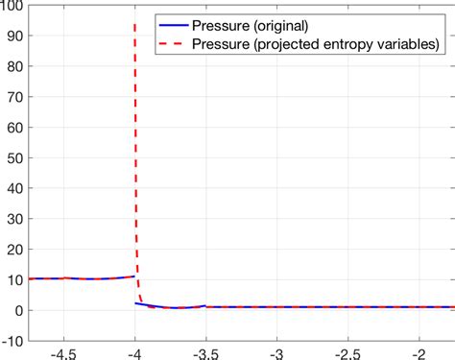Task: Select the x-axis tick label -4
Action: click(133, 352)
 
